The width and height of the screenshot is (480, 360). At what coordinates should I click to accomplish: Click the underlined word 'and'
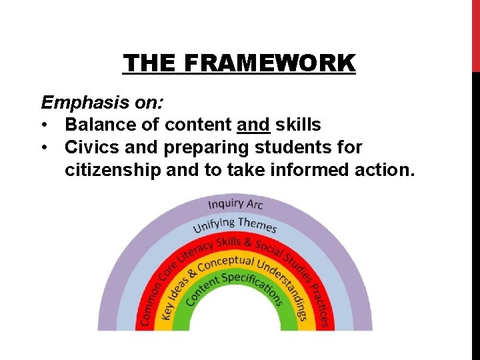pyautogui.click(x=253, y=125)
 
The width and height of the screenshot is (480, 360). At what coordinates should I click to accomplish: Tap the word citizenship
pyautogui.click(x=113, y=170)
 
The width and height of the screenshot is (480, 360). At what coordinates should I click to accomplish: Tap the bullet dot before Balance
pyautogui.click(x=45, y=125)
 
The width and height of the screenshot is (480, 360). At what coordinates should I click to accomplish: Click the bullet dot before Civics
pyautogui.click(x=45, y=147)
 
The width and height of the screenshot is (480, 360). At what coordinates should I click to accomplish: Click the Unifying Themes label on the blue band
pyautogui.click(x=235, y=225)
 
